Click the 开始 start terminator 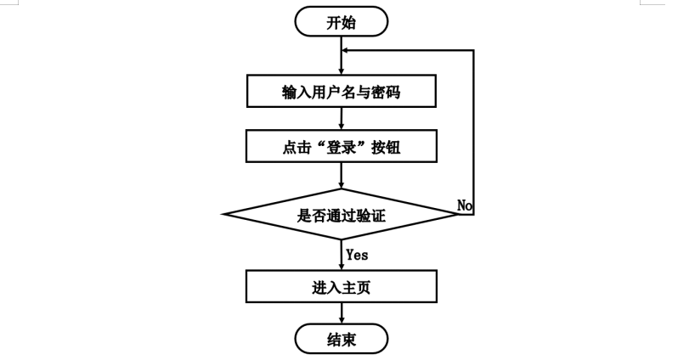coord(341,22)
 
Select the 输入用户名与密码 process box coord(341,93)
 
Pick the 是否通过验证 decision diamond coord(341,215)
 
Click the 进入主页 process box coord(341,287)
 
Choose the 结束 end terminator coord(341,340)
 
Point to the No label coord(465,205)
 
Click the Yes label coord(357,254)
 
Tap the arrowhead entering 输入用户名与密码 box coord(341,73)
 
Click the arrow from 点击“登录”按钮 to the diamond coord(341,176)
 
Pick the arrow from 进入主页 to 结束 coord(341,314)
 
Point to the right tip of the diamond coord(458,215)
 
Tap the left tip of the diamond coord(223,215)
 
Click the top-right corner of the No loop coord(473,49)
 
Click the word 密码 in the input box coord(385,93)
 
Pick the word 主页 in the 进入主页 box coord(355,287)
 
